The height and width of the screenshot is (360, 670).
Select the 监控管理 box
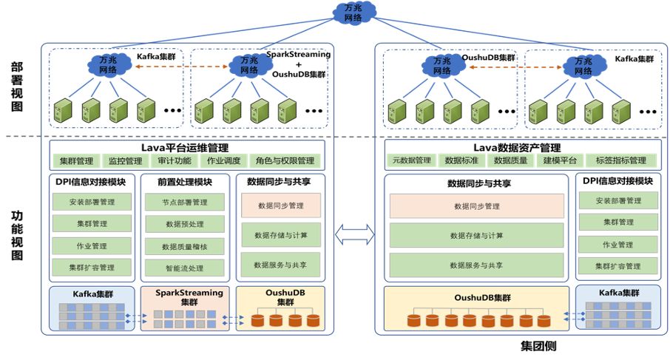click(124, 160)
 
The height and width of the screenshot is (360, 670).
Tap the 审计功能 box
click(174, 160)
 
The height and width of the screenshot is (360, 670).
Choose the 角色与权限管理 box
click(285, 160)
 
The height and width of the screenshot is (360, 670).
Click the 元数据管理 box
click(412, 160)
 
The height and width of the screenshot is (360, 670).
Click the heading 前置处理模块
click(184, 183)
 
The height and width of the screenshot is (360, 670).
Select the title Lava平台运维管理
click(185, 147)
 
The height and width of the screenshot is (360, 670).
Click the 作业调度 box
click(224, 160)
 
